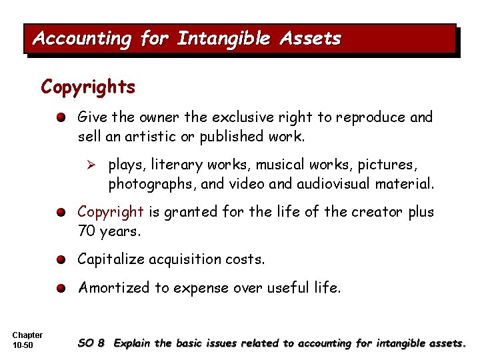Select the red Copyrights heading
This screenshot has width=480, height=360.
[x=88, y=87]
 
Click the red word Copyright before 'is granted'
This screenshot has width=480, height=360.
[x=111, y=213]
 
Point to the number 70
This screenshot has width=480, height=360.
[x=86, y=231]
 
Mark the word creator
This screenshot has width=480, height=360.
[x=361, y=212]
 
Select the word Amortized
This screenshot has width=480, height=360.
[x=111, y=288]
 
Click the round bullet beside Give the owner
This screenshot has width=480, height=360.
[x=61, y=118]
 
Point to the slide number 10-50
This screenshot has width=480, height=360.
[x=23, y=345]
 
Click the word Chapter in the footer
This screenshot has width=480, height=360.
[x=27, y=335]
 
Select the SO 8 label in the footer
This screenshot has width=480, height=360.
[x=91, y=343]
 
